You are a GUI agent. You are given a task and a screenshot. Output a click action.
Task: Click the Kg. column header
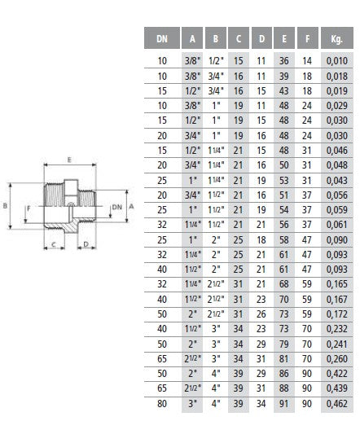point(337,38)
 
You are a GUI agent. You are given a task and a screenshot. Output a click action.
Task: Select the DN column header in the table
point(162,38)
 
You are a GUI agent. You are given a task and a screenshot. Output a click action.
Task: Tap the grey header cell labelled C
point(239,38)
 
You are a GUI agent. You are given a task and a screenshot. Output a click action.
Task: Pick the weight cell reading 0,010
point(337,61)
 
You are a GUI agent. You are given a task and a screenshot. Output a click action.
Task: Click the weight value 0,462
point(337,404)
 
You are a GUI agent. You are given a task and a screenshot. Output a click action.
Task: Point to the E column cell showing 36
point(284,61)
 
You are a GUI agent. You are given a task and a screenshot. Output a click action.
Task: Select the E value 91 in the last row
point(284,404)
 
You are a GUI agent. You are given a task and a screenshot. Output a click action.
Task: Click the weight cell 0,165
point(337,284)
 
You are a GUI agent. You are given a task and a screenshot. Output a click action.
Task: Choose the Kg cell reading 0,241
point(337,344)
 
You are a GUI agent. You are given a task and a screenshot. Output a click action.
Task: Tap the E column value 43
point(284,91)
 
